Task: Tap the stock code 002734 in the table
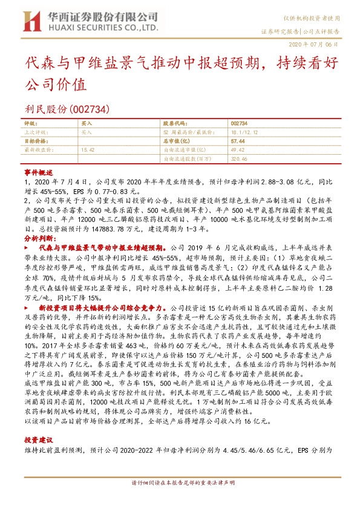[x=239, y=122]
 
